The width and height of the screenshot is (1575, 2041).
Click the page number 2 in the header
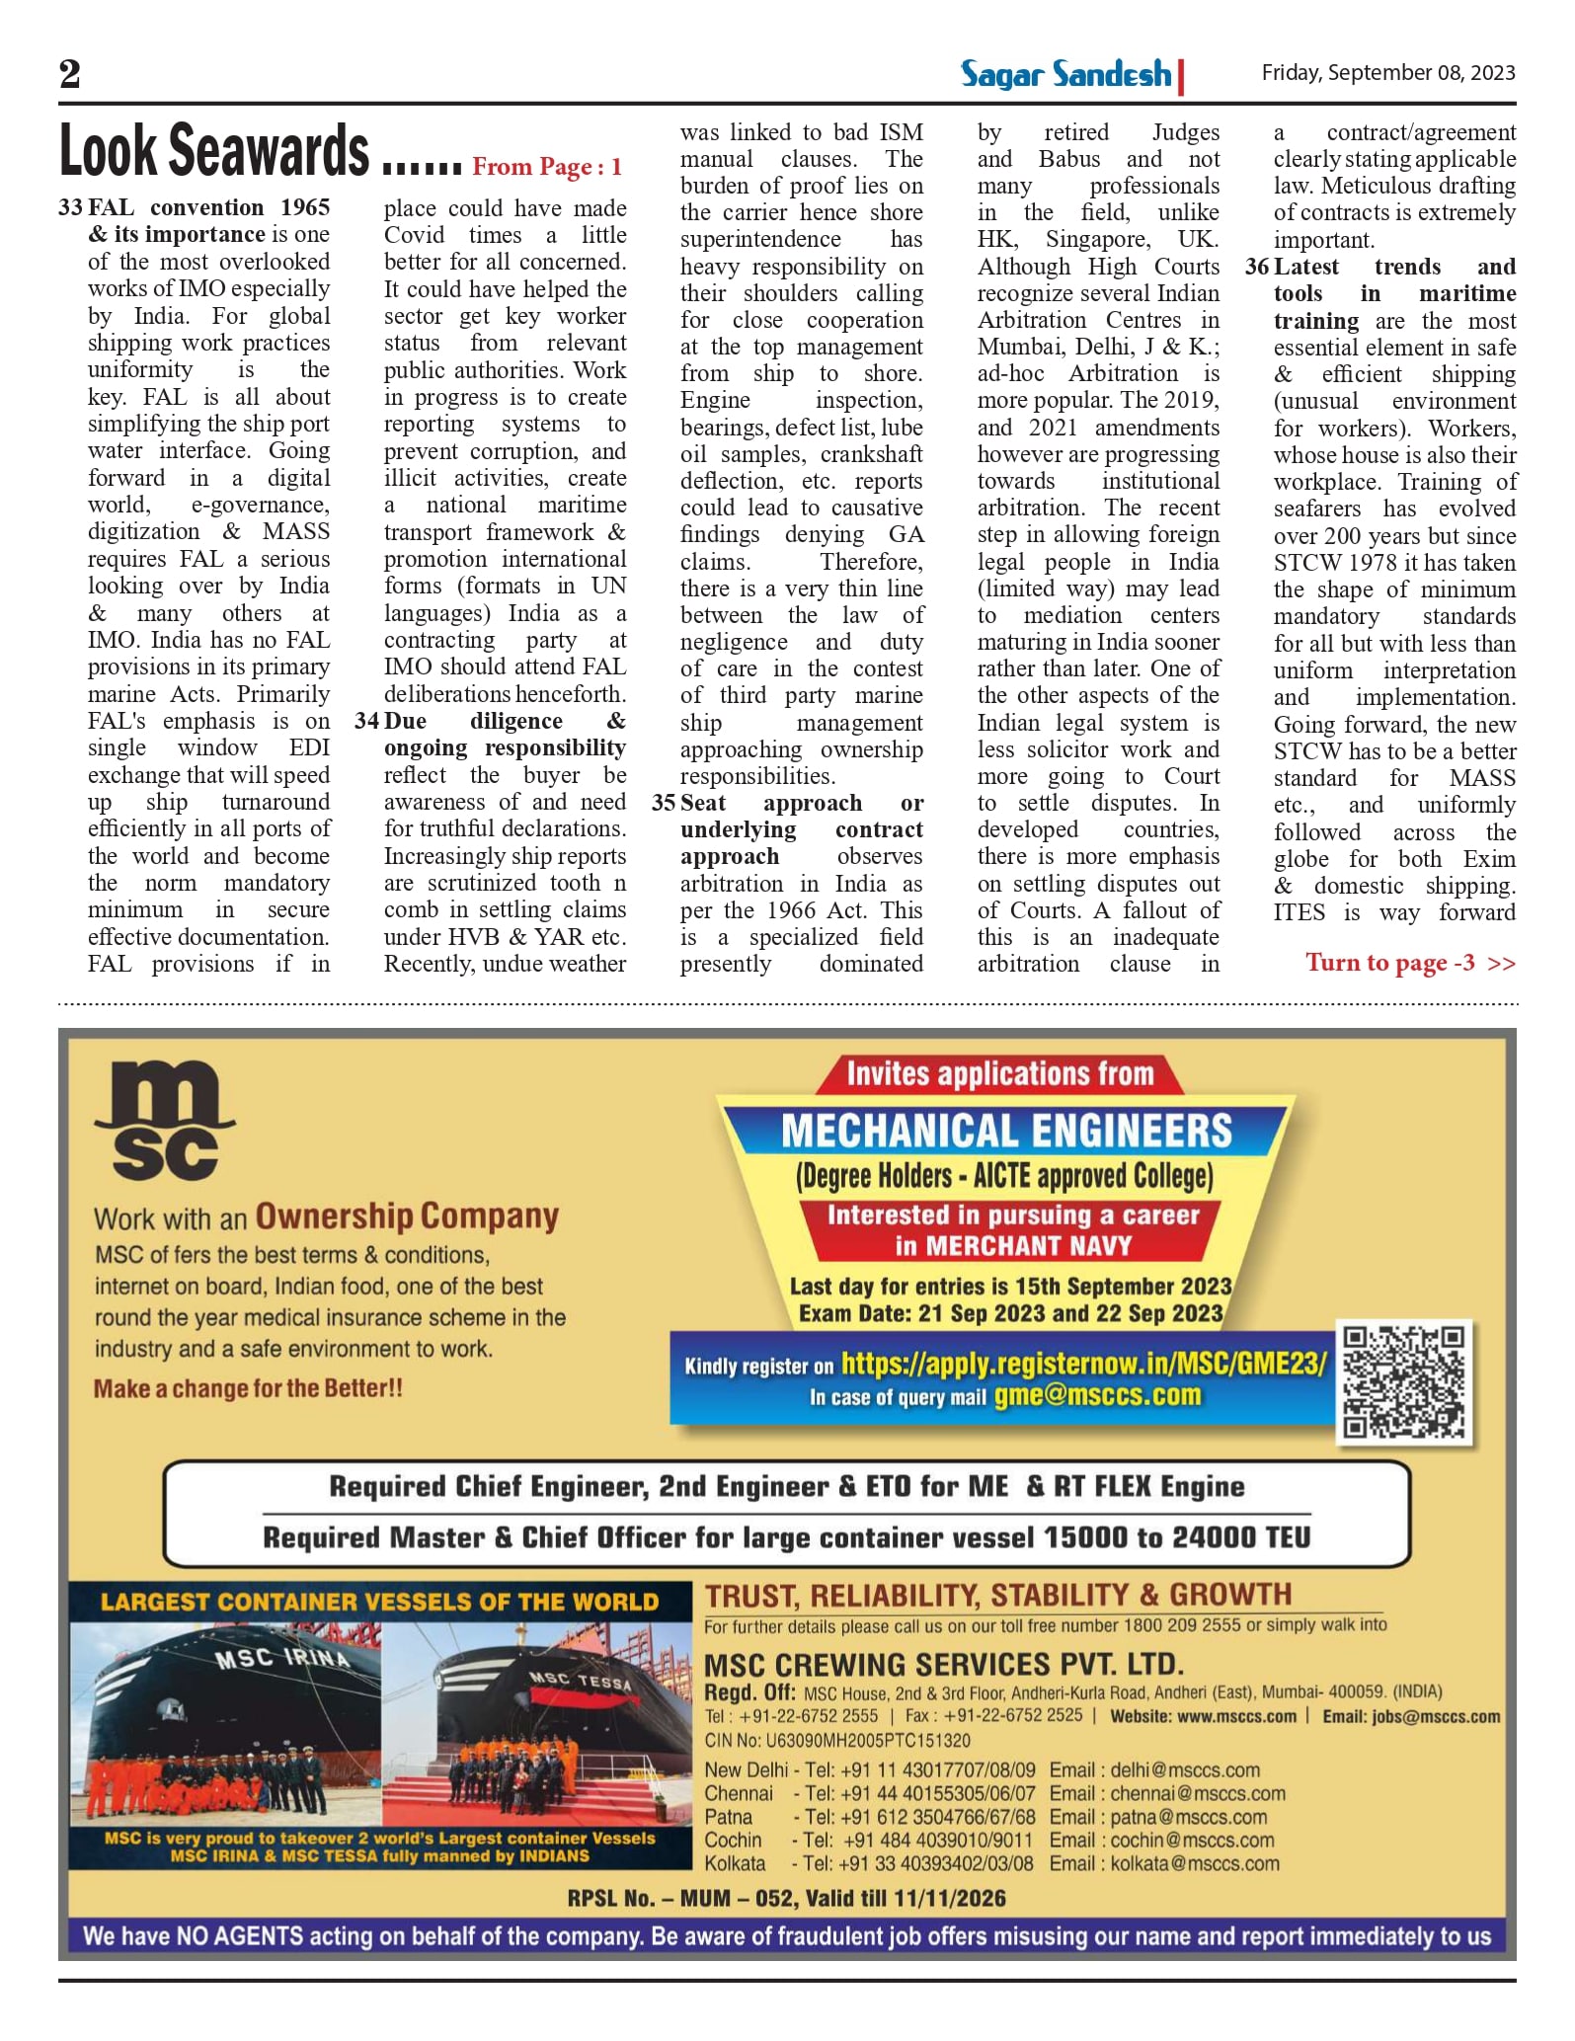(69, 74)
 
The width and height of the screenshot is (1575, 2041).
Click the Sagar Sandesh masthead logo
(1066, 74)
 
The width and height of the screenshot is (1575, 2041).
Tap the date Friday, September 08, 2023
(1387, 73)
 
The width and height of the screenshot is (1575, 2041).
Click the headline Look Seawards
(214, 151)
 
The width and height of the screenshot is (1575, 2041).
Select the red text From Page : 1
(547, 167)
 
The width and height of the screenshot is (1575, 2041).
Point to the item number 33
(70, 207)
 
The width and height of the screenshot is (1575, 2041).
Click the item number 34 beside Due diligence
(367, 721)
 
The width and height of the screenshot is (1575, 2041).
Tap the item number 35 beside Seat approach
(664, 803)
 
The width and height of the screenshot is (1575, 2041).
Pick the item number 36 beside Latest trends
(1256, 267)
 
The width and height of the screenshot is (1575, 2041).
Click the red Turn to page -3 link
(1409, 963)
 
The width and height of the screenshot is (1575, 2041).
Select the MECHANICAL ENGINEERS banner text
(1006, 1132)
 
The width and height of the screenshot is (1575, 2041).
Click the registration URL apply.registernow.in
(1083, 1364)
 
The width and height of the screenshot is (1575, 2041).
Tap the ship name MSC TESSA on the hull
(580, 1681)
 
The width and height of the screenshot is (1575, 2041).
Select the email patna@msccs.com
(1189, 1817)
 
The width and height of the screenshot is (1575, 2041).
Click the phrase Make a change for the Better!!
(248, 1388)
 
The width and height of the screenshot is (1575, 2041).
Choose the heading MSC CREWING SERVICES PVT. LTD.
(943, 1665)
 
